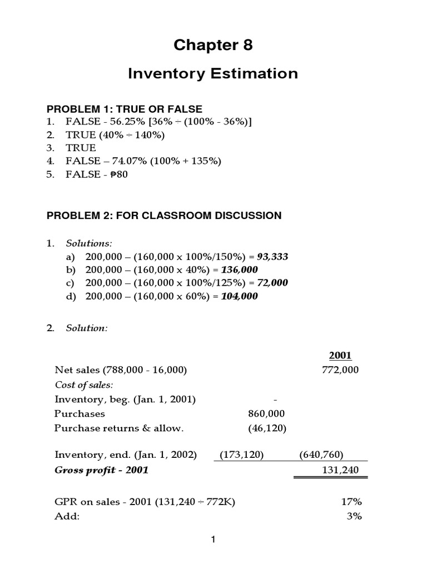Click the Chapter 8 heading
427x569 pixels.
[x=213, y=46]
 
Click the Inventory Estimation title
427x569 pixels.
[x=213, y=73]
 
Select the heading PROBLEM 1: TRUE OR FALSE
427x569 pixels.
[x=125, y=109]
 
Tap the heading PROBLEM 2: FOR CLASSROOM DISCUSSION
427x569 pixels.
[x=164, y=215]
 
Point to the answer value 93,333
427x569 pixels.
[x=272, y=257]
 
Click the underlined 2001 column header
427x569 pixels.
[x=340, y=356]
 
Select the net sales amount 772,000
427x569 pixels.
[x=340, y=370]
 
